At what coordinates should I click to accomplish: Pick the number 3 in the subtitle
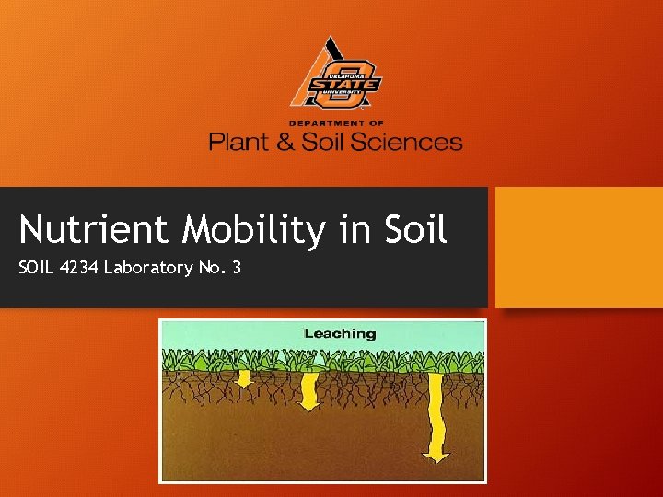(x=236, y=268)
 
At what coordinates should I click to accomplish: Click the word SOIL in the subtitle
(x=36, y=268)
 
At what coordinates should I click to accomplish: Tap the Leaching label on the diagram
(x=341, y=333)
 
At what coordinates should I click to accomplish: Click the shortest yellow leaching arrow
(x=244, y=378)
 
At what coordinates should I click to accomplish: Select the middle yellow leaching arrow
(x=309, y=390)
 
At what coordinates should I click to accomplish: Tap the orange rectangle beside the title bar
(x=578, y=247)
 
